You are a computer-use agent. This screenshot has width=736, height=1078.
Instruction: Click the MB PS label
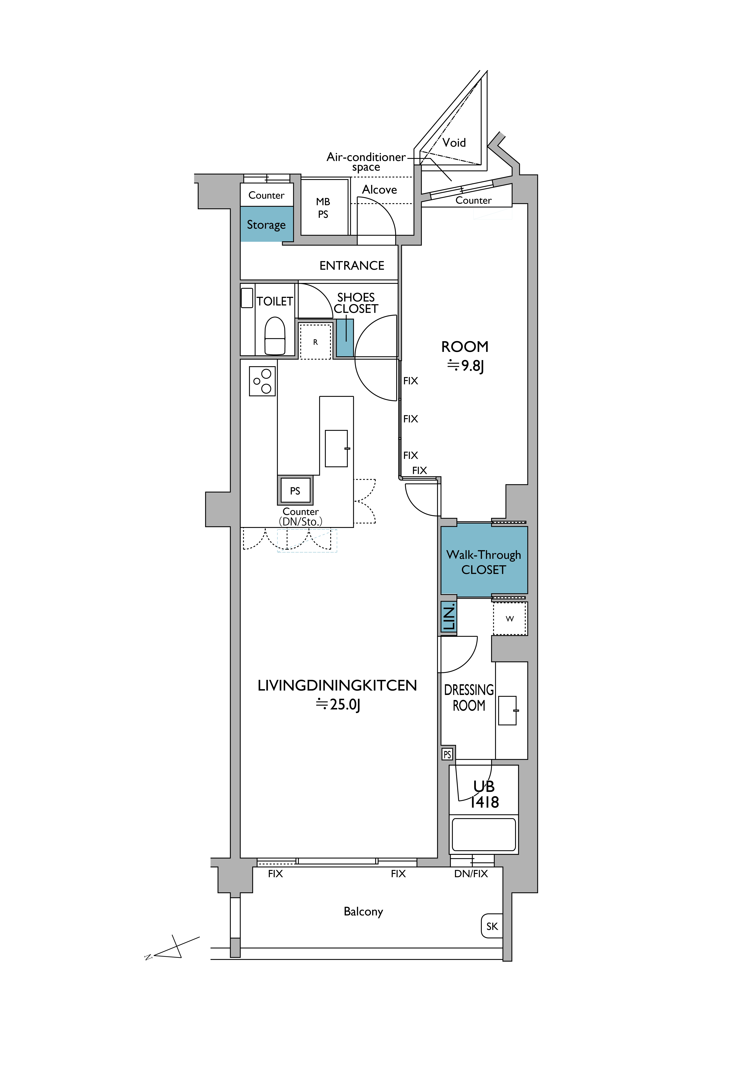pyautogui.click(x=323, y=208)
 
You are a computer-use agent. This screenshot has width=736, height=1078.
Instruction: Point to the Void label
pyautogui.click(x=454, y=142)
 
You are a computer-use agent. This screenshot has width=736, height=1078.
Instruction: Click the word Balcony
pyautogui.click(x=364, y=912)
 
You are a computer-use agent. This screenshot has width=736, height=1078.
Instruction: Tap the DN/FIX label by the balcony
pyautogui.click(x=471, y=873)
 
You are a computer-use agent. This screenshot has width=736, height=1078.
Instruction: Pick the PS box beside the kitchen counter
pyautogui.click(x=295, y=490)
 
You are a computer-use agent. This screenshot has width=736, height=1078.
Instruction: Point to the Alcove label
pyautogui.click(x=379, y=190)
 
